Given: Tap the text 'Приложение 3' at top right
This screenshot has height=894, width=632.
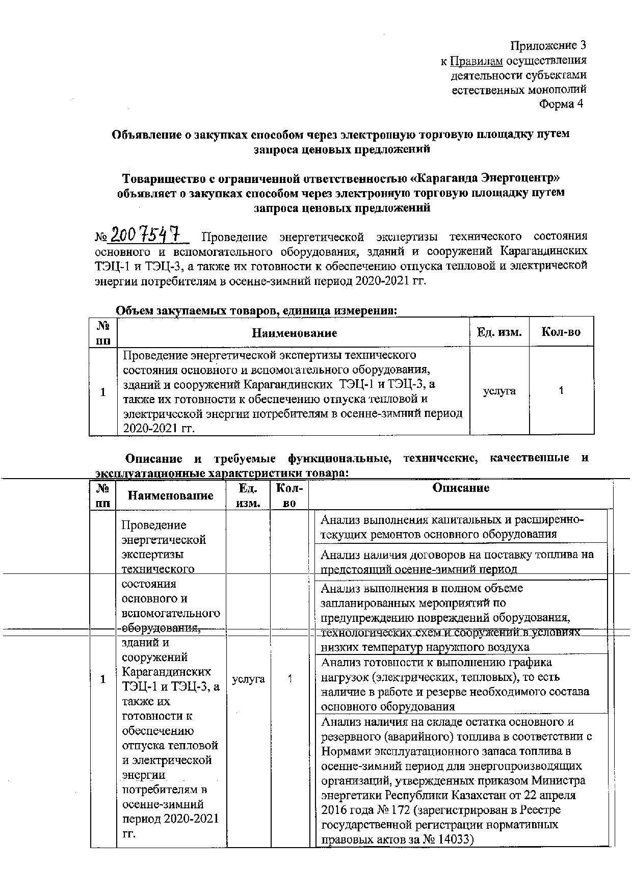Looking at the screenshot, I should click(548, 45).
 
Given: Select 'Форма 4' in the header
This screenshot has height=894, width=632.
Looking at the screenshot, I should click(561, 104).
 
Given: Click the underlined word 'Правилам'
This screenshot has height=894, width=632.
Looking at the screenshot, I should click(477, 61).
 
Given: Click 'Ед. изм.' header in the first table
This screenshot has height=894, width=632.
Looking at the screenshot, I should click(499, 332).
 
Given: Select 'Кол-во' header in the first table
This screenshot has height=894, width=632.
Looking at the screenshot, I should click(561, 332).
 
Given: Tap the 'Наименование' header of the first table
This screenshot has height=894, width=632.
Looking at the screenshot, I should click(294, 333).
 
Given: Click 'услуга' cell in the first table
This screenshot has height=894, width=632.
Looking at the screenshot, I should click(499, 391).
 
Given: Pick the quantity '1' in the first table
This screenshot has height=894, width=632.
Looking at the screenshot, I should click(561, 391).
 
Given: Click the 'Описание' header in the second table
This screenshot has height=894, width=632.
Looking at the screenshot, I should click(460, 488).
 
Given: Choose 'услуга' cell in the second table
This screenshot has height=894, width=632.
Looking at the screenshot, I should click(248, 679).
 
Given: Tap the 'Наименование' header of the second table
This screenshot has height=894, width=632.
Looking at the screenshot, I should click(170, 495).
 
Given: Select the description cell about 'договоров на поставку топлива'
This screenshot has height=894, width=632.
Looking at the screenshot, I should click(457, 561).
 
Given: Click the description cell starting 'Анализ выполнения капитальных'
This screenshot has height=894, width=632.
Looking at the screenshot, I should click(452, 527).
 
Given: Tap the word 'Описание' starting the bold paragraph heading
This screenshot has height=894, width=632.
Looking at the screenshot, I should click(151, 458).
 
